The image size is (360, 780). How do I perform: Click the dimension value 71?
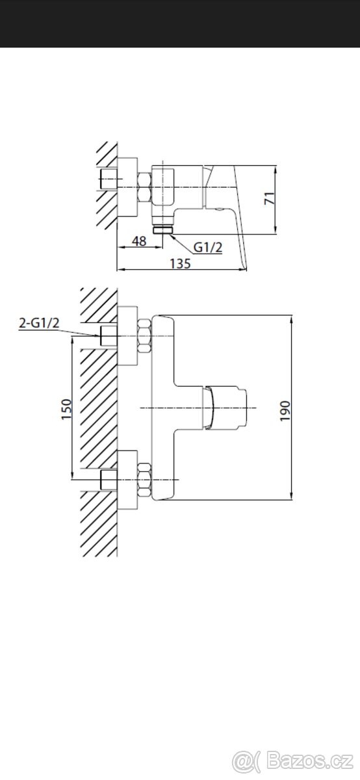(x=269, y=198)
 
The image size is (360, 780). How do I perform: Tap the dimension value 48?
(x=139, y=241)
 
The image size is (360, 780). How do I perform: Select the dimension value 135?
(x=181, y=264)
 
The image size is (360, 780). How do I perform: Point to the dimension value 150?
(x=66, y=409)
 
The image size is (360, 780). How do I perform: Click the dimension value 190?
(x=285, y=411)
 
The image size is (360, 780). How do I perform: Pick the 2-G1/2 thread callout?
(x=39, y=323)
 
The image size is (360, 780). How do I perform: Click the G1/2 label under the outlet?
(x=208, y=247)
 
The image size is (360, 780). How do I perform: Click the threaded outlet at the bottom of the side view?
(x=163, y=230)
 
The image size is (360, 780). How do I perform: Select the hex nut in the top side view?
(x=144, y=188)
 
